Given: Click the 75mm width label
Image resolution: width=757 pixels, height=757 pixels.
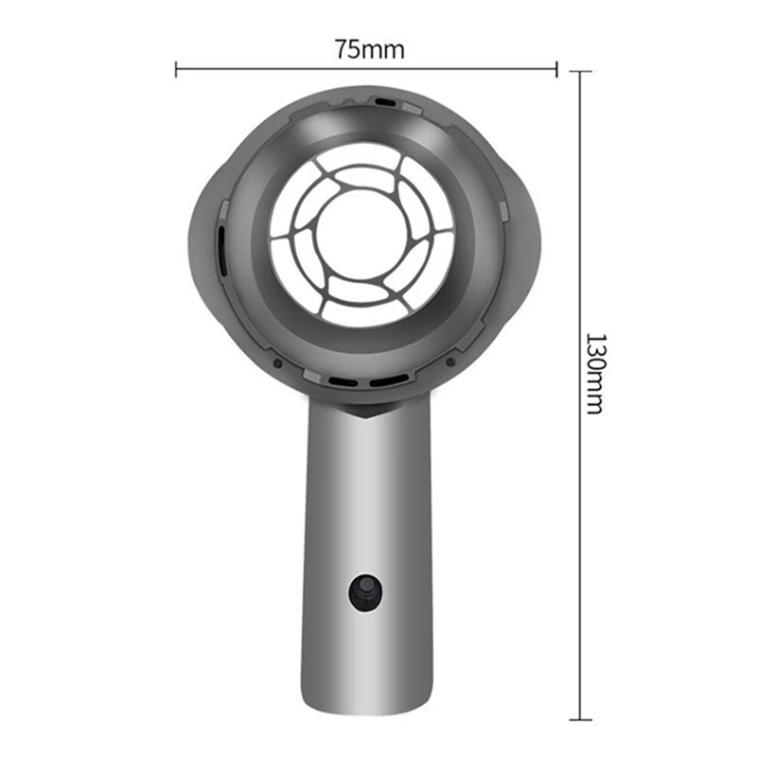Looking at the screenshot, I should coord(368,49).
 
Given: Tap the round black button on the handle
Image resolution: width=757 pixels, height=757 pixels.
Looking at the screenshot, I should coord(364,592).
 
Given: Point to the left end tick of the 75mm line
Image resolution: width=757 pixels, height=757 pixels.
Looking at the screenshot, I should coord(177,68).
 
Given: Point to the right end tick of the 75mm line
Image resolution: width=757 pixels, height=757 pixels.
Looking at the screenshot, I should coord(556,68).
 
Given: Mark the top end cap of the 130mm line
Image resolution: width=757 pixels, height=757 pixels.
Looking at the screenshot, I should coord(579,72).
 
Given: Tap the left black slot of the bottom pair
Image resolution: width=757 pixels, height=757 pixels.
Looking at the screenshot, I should coord(343,381).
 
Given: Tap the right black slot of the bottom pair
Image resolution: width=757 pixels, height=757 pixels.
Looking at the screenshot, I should coord(387,381).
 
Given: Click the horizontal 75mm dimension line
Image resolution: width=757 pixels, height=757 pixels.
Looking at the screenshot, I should coord(284,68).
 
